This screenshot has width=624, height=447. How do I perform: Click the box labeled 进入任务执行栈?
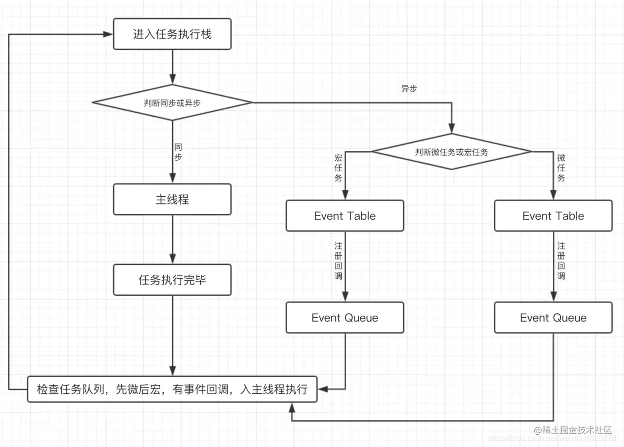(x=172, y=34)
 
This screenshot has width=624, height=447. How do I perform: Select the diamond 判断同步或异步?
(x=172, y=102)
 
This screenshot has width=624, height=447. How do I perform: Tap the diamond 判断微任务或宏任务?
(x=451, y=152)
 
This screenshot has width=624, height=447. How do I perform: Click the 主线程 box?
(x=172, y=200)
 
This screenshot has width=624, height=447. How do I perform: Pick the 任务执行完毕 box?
(x=172, y=280)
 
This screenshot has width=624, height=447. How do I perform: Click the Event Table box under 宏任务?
(x=345, y=216)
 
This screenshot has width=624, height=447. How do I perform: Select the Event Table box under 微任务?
(x=553, y=216)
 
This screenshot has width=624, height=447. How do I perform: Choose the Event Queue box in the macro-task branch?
(x=345, y=318)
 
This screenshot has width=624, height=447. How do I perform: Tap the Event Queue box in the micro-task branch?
(x=553, y=318)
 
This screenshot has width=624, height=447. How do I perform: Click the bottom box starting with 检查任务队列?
(x=172, y=389)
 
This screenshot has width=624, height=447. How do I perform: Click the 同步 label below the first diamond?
(x=178, y=152)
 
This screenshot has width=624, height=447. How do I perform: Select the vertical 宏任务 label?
(x=338, y=168)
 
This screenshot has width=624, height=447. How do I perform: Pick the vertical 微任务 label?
(x=561, y=168)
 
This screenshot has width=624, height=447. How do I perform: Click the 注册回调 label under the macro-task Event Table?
(x=338, y=261)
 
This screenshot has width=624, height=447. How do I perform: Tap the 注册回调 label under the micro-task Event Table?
(x=561, y=261)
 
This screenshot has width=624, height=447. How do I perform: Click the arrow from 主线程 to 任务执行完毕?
(x=172, y=239)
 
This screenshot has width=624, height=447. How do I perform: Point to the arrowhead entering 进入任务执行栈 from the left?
(x=108, y=34)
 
